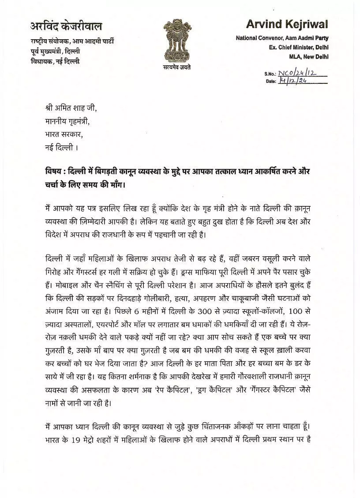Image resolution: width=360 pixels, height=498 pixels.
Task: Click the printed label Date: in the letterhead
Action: tap(270, 82)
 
